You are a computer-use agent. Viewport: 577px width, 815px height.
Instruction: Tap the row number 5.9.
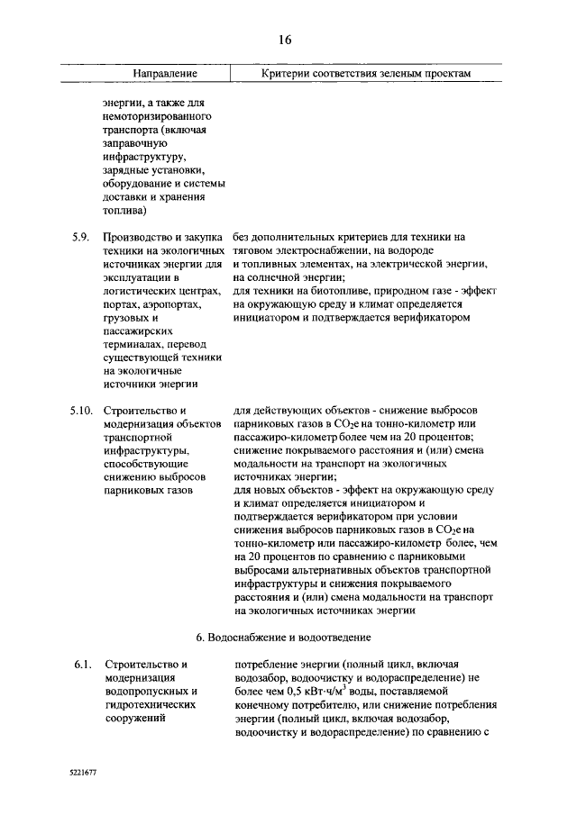[80, 237]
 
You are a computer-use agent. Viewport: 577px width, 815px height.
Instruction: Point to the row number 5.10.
[80, 412]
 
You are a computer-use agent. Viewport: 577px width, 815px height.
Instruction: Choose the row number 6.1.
[83, 666]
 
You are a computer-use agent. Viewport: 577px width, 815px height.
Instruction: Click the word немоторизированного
[158, 118]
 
